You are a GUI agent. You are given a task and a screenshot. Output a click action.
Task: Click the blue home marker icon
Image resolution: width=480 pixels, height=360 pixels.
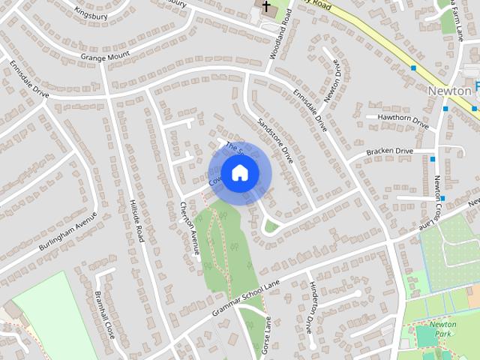(x=239, y=172)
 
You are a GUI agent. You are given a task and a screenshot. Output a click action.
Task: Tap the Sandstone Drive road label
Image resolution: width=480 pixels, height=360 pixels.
(x=274, y=141)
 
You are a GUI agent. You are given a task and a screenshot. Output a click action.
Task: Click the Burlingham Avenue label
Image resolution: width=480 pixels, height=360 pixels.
(x=69, y=230)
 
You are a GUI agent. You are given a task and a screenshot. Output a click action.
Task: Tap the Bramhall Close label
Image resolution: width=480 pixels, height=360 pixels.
(x=103, y=313)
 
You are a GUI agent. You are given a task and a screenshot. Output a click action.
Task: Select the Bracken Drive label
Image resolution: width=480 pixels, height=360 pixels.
(x=390, y=151)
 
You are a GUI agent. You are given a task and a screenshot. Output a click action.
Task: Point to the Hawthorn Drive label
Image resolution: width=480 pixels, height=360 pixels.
(x=403, y=118)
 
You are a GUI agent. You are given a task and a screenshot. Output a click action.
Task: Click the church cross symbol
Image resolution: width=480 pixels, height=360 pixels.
(x=265, y=6)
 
